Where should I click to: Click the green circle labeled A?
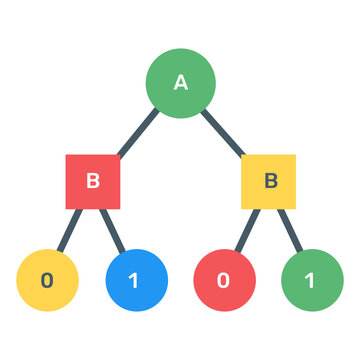pos(181,83)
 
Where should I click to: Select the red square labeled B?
pos(93,181)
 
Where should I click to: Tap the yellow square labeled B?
pos(269,181)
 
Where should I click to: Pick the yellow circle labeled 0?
pos(47,279)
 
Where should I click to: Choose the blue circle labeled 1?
pos(136,279)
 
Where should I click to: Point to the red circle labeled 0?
pos(224,279)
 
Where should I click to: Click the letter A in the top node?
pos(181,83)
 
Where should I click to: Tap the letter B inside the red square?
pos(93,181)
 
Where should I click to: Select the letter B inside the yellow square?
pos(269,181)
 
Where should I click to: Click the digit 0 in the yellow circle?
pos(47,280)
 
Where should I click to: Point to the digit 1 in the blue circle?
pos(135,280)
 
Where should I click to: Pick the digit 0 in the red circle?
pos(223,280)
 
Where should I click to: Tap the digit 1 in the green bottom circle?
pos(310,280)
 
